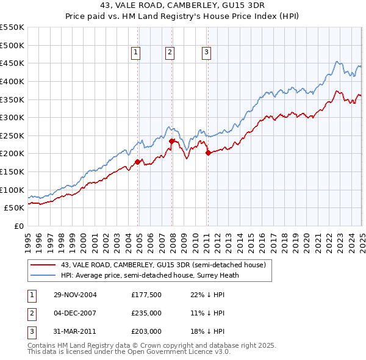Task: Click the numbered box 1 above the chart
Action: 135,53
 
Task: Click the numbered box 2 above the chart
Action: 169,53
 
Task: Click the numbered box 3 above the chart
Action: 207,53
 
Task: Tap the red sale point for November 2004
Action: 138,162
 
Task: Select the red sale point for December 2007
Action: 171,141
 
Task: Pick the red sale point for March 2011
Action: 208,153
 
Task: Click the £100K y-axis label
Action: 13,190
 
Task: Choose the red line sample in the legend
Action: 43,265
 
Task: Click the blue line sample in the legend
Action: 43,275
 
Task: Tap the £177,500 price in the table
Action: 146,294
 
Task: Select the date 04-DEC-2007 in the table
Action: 76,312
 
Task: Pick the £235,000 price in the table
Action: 146,312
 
